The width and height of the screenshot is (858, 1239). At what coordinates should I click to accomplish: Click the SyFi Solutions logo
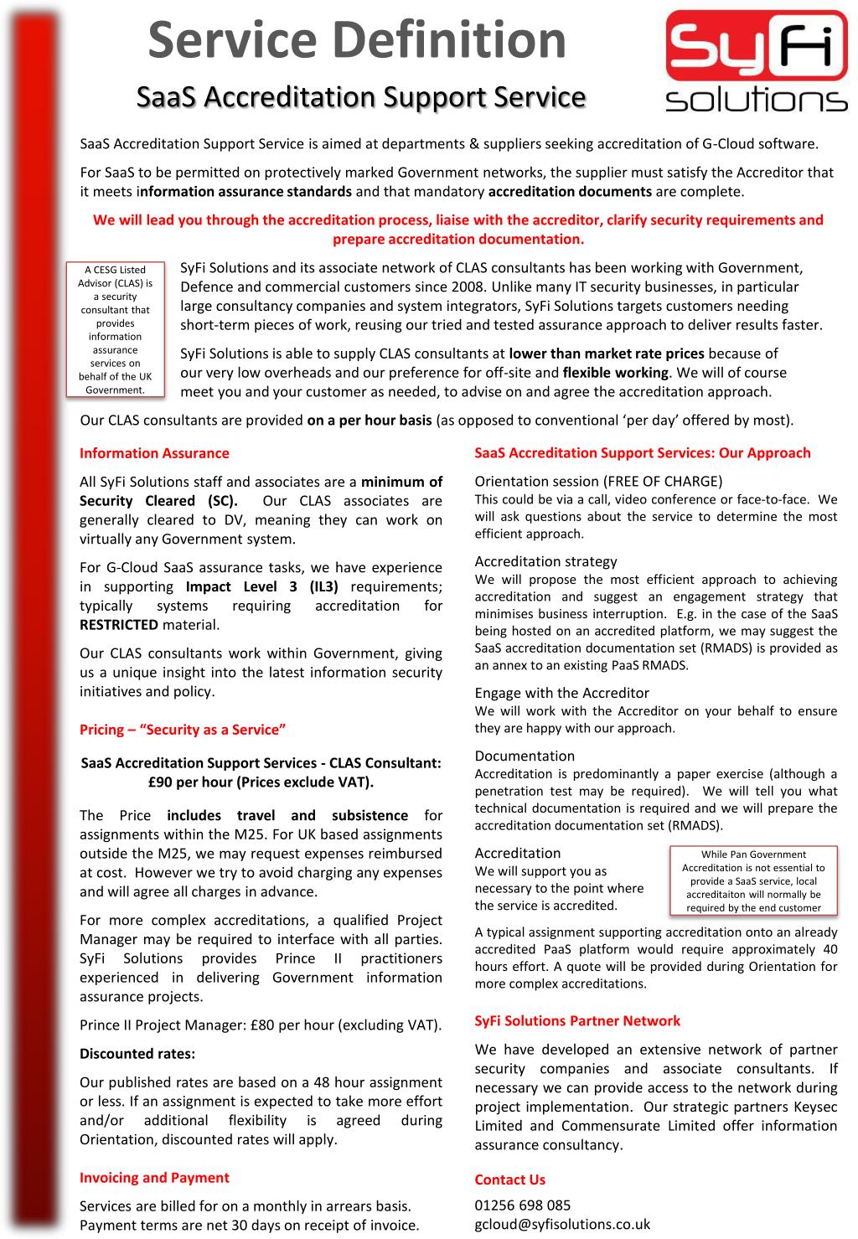click(756, 61)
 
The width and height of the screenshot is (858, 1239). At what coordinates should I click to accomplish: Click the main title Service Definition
click(357, 40)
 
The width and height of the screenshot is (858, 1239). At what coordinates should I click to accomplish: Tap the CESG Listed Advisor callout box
click(115, 329)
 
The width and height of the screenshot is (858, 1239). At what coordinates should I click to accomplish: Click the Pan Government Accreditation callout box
click(753, 880)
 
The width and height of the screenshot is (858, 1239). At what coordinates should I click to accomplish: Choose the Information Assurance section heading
click(154, 453)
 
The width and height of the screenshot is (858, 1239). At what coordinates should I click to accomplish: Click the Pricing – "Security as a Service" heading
click(183, 730)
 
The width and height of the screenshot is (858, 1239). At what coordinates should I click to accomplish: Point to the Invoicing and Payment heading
click(154, 1177)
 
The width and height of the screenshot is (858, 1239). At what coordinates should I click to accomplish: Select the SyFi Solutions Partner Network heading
click(577, 1020)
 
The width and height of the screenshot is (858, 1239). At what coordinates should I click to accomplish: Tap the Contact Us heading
click(509, 1180)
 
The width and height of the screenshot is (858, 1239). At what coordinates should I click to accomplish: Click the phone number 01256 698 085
click(523, 1205)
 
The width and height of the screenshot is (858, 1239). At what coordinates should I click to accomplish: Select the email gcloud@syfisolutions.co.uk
click(562, 1223)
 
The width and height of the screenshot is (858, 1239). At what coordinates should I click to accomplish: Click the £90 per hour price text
click(261, 782)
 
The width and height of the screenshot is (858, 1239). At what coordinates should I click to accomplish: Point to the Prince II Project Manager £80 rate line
click(260, 1025)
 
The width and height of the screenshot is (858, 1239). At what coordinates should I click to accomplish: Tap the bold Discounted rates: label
click(137, 1053)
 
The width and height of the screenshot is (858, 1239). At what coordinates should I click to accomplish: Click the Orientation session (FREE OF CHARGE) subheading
click(598, 481)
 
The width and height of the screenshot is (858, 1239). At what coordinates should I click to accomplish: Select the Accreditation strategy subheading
click(545, 561)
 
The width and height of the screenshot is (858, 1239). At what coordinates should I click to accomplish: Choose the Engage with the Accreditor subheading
click(561, 693)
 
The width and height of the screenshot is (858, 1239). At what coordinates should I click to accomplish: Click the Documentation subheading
click(525, 756)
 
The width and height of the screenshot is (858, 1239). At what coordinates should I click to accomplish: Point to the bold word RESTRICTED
click(119, 624)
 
